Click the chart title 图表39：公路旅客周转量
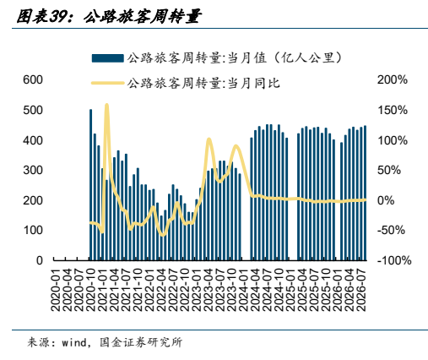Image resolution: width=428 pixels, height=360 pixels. pos(108,17)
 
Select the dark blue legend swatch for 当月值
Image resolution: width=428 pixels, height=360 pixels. pos(108,58)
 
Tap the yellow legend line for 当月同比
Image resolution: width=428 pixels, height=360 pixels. pos(108,83)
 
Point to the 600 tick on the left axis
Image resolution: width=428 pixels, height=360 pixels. pos(33,79)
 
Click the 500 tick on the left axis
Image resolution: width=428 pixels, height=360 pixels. pos(33,110)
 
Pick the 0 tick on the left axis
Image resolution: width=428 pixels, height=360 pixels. pos(40,260)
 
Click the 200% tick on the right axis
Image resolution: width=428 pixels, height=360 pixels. pos(393,79)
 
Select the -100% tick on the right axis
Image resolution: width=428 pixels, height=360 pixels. pos(394,260)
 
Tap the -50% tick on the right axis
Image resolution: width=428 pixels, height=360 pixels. pos(391,230)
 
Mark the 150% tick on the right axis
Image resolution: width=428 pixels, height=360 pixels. pos(393,110)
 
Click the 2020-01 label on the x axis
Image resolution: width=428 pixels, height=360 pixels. pos(56,290)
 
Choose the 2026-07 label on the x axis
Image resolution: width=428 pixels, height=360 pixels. pos(361,290)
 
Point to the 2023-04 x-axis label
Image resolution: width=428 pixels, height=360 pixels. pos(209,290)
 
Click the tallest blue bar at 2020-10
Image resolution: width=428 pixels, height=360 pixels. pos(90,185)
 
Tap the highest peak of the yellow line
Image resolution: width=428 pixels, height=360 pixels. pos(106,105)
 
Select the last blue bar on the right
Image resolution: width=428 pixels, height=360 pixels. pos(365,193)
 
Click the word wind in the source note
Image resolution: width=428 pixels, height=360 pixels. pos(74,342)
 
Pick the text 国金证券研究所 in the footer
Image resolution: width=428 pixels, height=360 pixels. pos(141,342)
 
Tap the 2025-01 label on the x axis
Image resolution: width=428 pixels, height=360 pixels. pos(290,290)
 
